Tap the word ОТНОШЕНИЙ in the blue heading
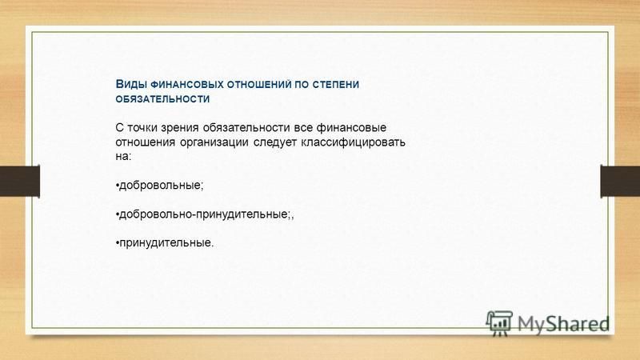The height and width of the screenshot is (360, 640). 259,85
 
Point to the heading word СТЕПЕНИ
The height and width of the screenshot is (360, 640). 336,85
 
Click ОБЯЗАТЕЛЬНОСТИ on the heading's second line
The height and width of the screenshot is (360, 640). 162,98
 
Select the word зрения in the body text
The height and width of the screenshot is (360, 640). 180,129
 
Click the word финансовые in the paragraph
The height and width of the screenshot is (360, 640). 351,128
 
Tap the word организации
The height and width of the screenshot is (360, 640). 214,142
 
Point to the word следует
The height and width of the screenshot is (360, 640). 275,142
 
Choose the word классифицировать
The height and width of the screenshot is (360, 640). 353,142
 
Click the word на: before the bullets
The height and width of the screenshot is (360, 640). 123,157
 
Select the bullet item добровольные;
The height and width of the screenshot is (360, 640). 159,186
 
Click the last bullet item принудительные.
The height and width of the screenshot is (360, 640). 165,243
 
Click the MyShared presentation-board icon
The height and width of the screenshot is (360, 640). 498,323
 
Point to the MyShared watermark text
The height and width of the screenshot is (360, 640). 563,324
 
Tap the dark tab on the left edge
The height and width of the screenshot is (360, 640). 20,181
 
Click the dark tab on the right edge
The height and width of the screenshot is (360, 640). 620,181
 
